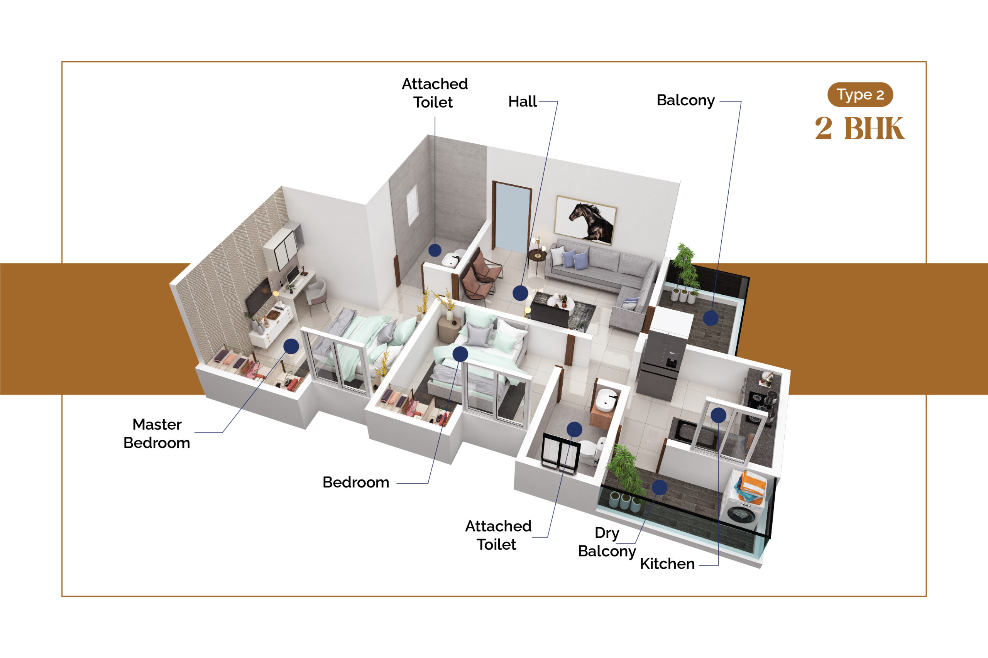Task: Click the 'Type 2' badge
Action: point(860,94)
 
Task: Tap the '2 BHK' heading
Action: point(859,128)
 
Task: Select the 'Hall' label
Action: point(522,101)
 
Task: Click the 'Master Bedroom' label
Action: point(157,434)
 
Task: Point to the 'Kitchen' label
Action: point(667,564)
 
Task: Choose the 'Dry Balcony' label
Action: point(607,542)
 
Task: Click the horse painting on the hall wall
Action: point(586,220)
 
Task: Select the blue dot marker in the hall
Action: point(520,293)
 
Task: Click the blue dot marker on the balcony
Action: point(711,318)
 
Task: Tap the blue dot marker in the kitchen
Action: point(719,415)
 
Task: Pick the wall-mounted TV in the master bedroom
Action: point(259,297)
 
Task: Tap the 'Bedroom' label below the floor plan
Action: point(356,482)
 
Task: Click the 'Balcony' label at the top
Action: point(685,100)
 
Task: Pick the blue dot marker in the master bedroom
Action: point(291,346)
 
